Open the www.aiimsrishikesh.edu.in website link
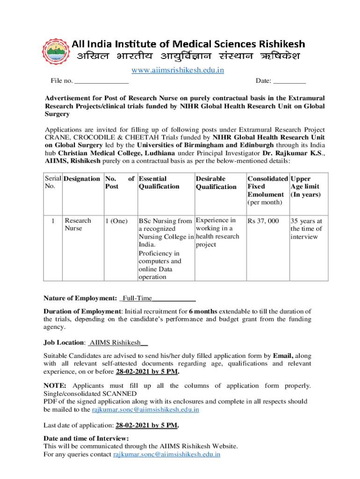pyautogui.click(x=177, y=70)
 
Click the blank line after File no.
pyautogui.click(x=101, y=81)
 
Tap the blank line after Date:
pyautogui.click(x=289, y=81)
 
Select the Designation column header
pyautogui.click(x=81, y=179)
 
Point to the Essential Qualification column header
pyautogui.click(x=159, y=182)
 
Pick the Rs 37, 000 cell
pyautogui.click(x=263, y=221)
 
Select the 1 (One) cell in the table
pyautogui.click(x=116, y=221)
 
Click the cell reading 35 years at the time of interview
pyautogui.click(x=306, y=229)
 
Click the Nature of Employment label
pyautogui.click(x=80, y=298)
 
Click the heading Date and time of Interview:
pyautogui.click(x=86, y=438)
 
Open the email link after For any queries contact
pyautogui.click(x=167, y=454)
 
